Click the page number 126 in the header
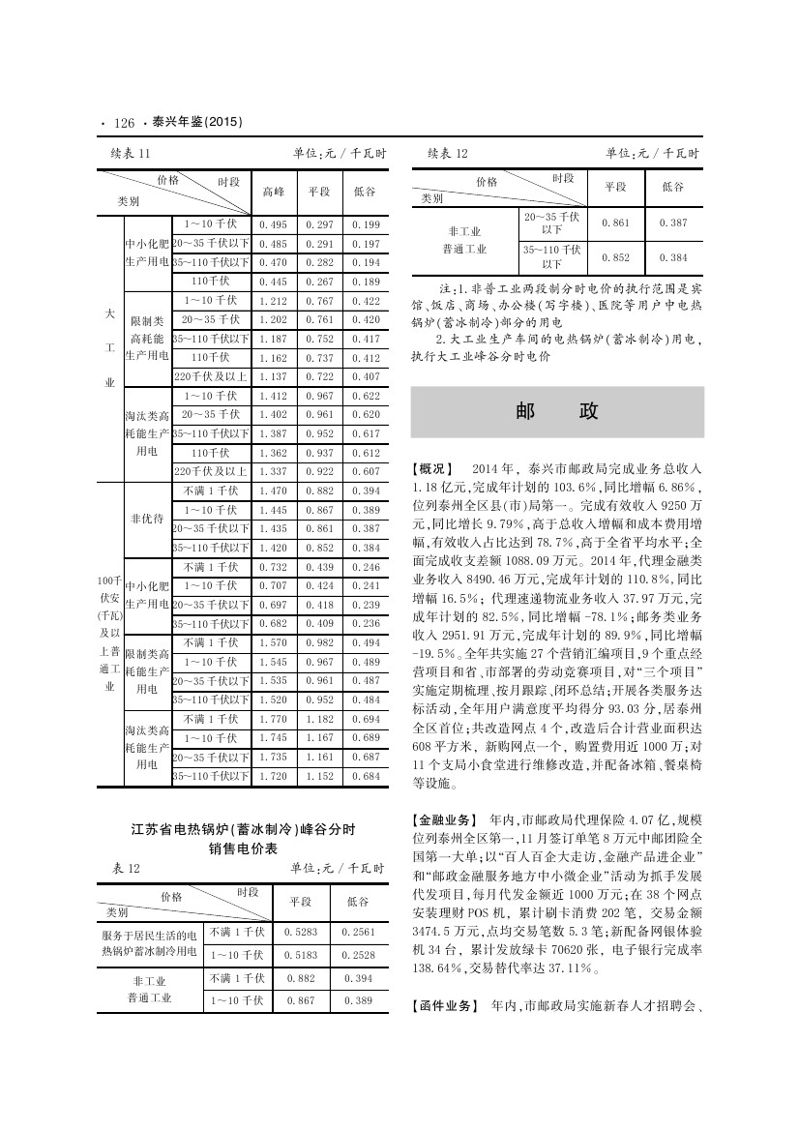123,123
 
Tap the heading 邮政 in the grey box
556,411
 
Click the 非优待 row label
147,519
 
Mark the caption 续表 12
448,154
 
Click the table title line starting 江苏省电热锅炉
244,829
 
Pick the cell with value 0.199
367,225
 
